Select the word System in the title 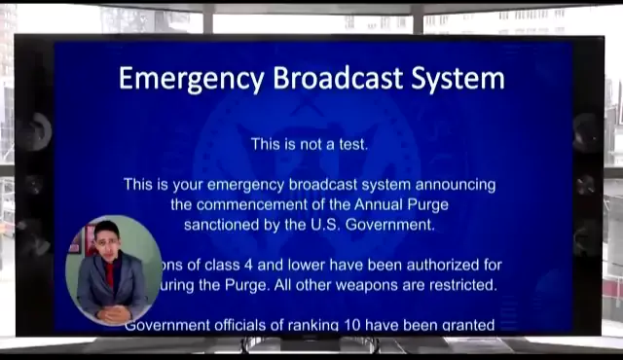pos(458,79)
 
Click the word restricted pos(460,285)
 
